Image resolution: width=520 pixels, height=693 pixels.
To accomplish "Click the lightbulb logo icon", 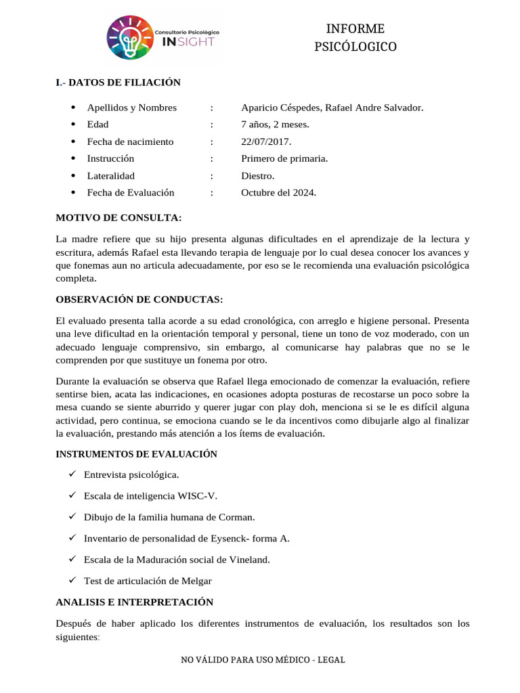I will pyautogui.click(x=130, y=38).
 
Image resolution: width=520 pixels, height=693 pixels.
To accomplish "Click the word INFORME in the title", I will pyautogui.click(x=355, y=28).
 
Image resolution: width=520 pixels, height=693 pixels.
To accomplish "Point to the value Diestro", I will pyautogui.click(x=258, y=175).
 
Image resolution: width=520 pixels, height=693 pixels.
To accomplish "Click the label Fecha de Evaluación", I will pyautogui.click(x=131, y=192).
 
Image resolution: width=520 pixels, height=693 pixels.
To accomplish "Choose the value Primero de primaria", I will pyautogui.click(x=284, y=158).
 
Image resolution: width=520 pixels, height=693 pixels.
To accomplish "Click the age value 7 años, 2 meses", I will pyautogui.click(x=275, y=125).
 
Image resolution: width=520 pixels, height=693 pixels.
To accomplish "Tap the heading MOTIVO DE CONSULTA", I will pyautogui.click(x=118, y=217).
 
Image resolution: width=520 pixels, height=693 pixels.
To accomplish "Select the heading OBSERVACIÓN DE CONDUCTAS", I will pyautogui.click(x=139, y=299).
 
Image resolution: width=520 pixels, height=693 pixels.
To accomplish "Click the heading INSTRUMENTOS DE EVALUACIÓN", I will pyautogui.click(x=136, y=454).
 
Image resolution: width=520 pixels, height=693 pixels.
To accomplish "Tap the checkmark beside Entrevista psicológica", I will pyautogui.click(x=72, y=474).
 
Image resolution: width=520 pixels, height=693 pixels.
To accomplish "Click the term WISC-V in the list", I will pyautogui.click(x=198, y=496).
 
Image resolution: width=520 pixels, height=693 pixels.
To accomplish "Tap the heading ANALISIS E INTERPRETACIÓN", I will pyautogui.click(x=134, y=602).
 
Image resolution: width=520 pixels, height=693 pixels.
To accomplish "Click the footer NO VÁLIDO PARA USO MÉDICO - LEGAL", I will pyautogui.click(x=263, y=660).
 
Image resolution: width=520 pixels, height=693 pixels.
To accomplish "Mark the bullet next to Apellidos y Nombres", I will pyautogui.click(x=72, y=108).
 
